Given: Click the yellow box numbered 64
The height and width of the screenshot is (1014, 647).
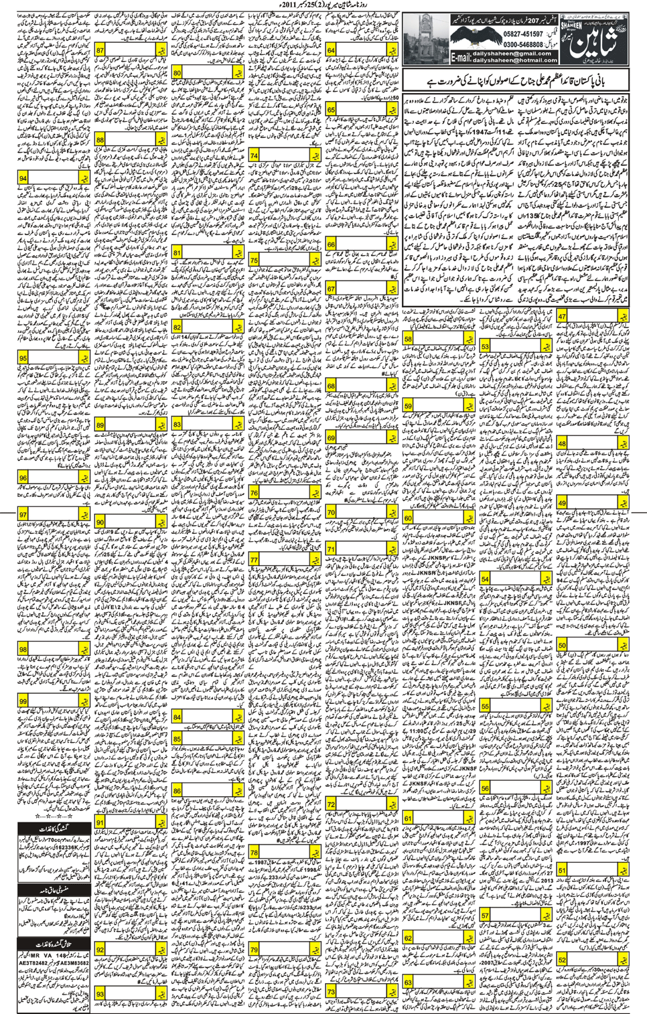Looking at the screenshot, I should point(331,50).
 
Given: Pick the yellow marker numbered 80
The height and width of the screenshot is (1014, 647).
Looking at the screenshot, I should point(177,72).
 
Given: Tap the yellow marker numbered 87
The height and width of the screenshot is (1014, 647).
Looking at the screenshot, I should point(100,50).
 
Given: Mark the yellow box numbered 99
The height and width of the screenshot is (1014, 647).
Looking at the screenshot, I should point(23,701).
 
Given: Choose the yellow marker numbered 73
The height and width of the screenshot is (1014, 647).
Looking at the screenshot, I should point(331,992).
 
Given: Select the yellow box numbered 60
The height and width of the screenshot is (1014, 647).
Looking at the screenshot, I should point(408,518).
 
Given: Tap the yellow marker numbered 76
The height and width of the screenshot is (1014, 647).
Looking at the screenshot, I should point(254,493).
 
